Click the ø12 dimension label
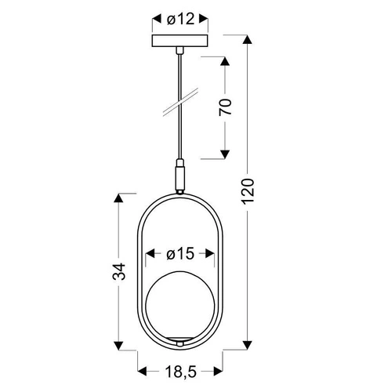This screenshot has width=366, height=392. pyautogui.click(x=180, y=18)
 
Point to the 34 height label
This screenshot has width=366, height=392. pyautogui.click(x=118, y=271)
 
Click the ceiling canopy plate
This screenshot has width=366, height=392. pyautogui.click(x=180, y=40)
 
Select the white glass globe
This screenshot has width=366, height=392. pyautogui.click(x=180, y=307)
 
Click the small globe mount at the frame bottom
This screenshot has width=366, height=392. pyautogui.click(x=180, y=343)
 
